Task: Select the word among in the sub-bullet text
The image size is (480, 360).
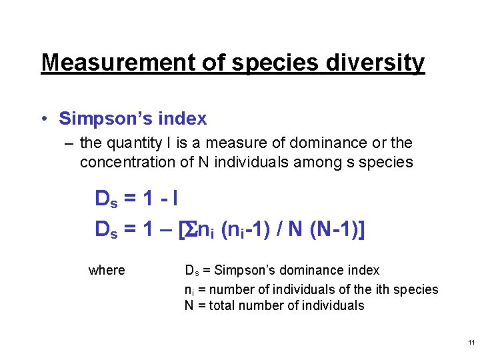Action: coord(313,162)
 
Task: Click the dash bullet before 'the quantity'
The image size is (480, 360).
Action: coord(69,143)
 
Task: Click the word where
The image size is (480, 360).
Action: coord(107,270)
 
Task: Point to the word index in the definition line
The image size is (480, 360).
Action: coord(363,270)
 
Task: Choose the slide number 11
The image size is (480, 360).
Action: coord(471,343)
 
